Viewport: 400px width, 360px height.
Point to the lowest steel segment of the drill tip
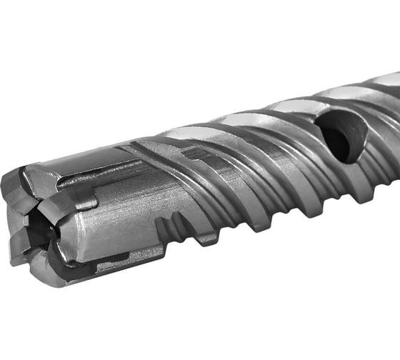(x=54, y=275)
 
